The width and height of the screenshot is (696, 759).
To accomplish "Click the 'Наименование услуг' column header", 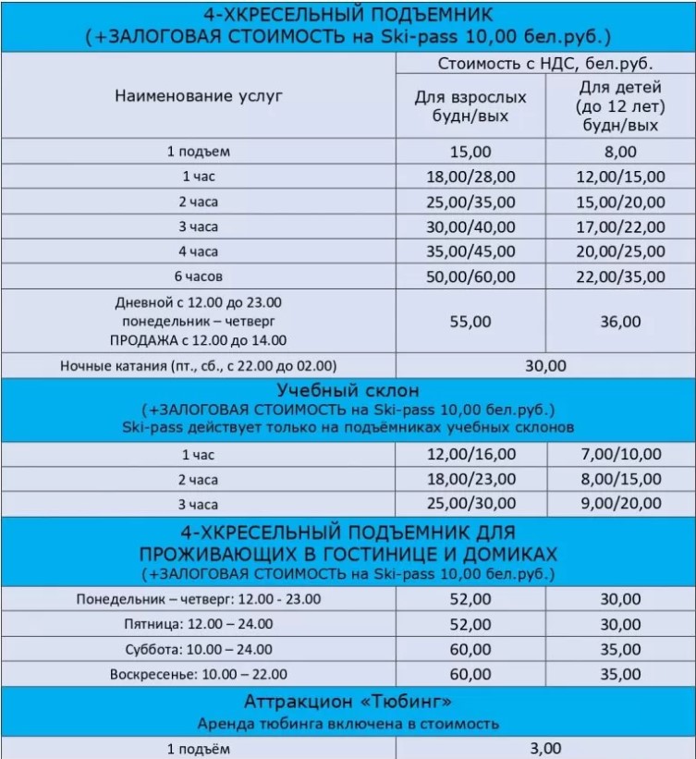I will pos(199,95).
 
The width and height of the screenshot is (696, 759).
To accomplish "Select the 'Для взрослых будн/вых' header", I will pos(470,105).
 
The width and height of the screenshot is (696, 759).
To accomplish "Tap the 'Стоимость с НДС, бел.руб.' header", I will pos(545,64).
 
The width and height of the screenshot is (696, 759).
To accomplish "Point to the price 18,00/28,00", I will pos(470,176).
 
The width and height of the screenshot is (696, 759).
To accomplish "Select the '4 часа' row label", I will pos(199,251).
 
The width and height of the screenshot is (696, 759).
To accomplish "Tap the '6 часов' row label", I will pos(199,276).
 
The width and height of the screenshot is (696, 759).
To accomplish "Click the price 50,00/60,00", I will pos(470,276).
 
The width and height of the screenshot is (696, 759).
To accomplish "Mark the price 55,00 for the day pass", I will pos(470,322).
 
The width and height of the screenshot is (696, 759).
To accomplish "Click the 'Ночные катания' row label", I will pos(199,365).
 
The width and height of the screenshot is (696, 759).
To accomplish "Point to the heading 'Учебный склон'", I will pos(348,390).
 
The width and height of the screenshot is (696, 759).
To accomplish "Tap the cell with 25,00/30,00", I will pos(470,503).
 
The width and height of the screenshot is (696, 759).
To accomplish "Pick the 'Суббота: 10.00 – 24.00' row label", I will pos(199,649).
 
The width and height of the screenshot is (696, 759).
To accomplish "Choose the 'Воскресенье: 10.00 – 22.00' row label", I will pos(199,674).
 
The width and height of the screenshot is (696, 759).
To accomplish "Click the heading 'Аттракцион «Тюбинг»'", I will pos(348,700).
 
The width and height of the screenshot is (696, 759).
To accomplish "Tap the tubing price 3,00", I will pos(545,748).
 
